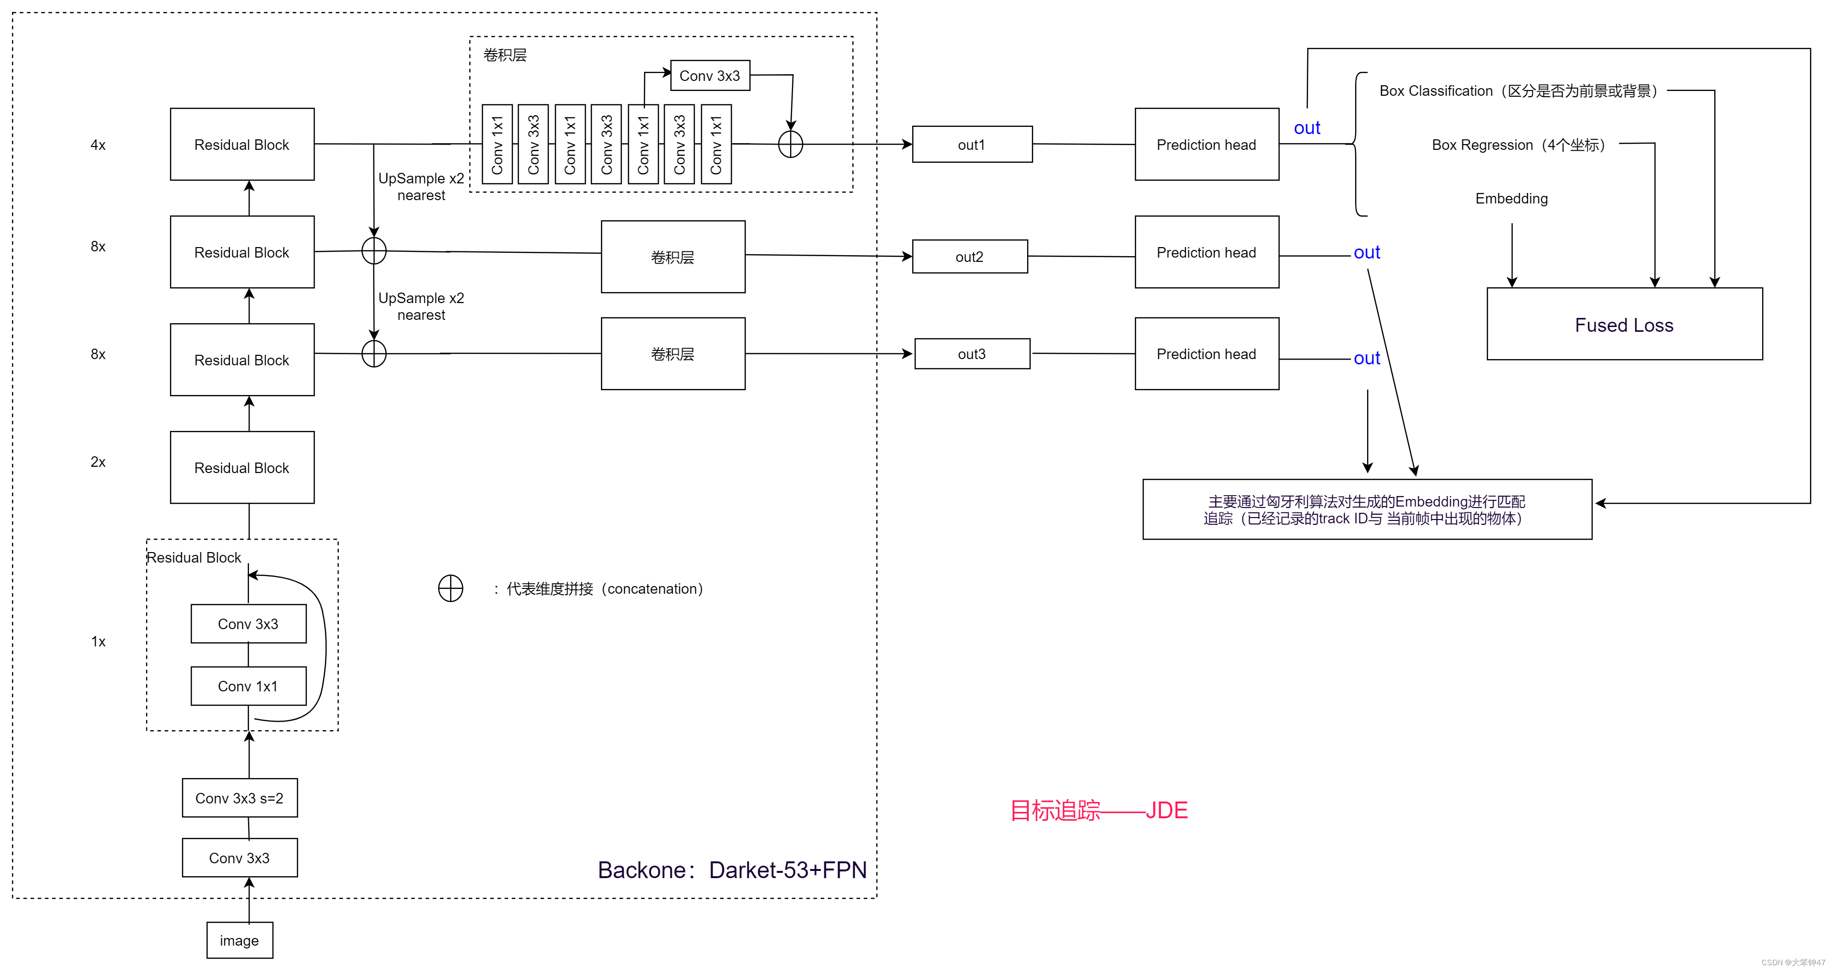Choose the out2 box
(x=969, y=256)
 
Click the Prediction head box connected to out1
(x=1206, y=145)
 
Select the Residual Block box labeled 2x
(x=242, y=467)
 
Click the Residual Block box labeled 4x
(x=242, y=145)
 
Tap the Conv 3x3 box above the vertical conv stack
(x=710, y=75)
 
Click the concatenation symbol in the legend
(x=451, y=588)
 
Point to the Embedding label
(x=1511, y=199)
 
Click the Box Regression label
(x=1518, y=145)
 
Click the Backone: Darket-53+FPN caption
(x=732, y=869)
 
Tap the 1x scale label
(x=98, y=641)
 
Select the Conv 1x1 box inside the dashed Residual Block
(x=249, y=686)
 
